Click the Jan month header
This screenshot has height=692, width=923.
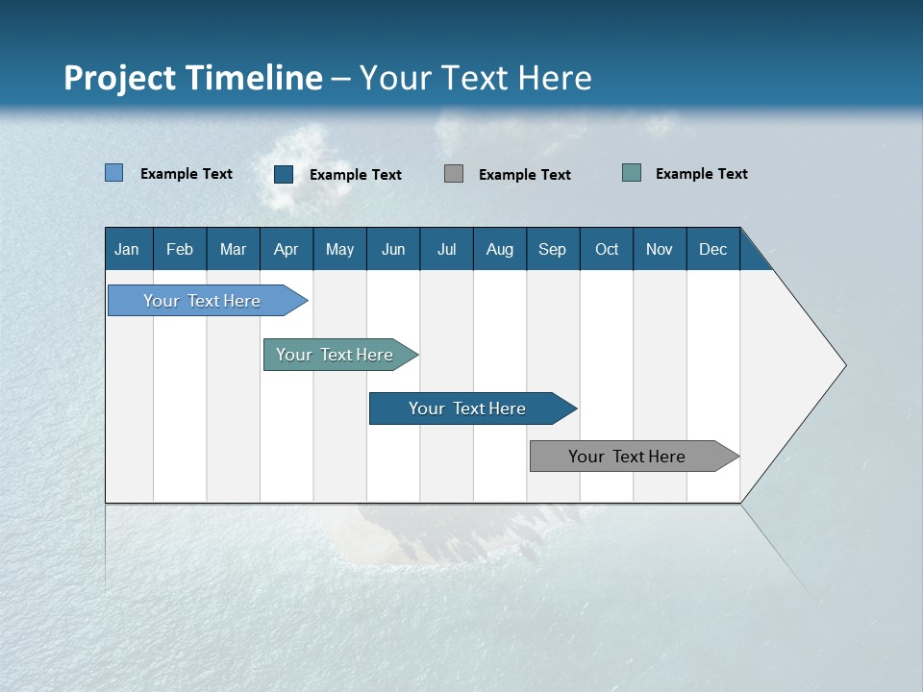coord(127,250)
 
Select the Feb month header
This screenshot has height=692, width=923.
coord(180,250)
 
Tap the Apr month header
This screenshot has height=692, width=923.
coord(286,250)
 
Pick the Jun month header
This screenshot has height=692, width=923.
coord(393,250)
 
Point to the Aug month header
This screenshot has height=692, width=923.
coord(500,250)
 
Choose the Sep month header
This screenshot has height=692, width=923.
coord(553,250)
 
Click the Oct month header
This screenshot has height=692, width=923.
coord(607,250)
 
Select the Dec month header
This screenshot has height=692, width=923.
coord(713,250)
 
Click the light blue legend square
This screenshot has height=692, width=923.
coord(114,173)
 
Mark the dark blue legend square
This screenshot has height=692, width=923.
coord(284,174)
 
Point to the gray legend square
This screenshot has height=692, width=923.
coord(454,173)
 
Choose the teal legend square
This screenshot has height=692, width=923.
coord(632,173)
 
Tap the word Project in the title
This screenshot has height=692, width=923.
coord(118,78)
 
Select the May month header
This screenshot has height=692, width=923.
coord(339,250)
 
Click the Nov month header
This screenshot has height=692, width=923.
coord(660,250)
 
